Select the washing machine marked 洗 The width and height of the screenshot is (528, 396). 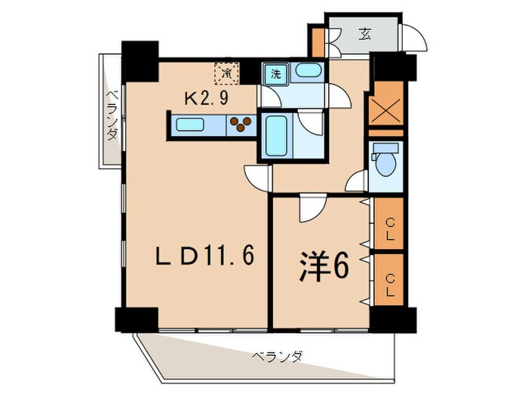pyautogui.click(x=275, y=75)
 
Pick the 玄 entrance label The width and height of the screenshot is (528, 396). pyautogui.click(x=364, y=34)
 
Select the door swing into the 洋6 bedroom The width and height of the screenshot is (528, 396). pyautogui.click(x=309, y=209)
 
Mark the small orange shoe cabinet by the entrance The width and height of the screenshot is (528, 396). pyautogui.click(x=318, y=39)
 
